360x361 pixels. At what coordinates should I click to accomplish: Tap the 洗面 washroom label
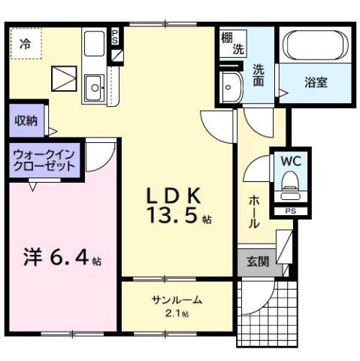click(259, 73)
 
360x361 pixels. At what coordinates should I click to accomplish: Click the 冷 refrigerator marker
click(26, 44)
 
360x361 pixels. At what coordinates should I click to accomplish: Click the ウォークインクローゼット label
click(43, 159)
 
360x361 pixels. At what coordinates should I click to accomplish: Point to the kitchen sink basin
click(95, 88)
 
